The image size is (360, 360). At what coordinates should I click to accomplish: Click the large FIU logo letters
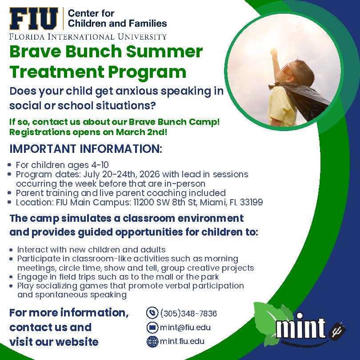coord(33,19)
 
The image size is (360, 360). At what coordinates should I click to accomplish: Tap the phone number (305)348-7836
coord(188,313)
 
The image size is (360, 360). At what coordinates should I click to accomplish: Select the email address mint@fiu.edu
coord(185,328)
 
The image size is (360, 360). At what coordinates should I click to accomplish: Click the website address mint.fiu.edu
coord(182,341)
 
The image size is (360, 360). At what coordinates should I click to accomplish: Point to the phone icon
coord(152,313)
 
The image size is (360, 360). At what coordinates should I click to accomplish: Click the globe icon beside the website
coord(152,341)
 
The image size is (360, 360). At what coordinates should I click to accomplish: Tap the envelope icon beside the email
coord(152,327)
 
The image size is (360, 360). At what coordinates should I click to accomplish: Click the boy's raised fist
coord(274,53)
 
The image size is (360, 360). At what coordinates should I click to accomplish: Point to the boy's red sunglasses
coord(288,68)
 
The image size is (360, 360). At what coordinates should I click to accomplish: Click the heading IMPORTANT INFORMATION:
coord(86,149)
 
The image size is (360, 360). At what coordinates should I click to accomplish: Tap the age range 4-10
coord(100,165)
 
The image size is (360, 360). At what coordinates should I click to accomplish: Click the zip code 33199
coord(251,202)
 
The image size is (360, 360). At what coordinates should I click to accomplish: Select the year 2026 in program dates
coord(149,174)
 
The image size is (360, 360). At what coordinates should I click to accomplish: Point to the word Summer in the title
coord(164,52)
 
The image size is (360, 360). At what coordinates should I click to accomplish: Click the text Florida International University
coord(88,37)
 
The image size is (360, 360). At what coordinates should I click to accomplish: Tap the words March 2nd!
coord(141,132)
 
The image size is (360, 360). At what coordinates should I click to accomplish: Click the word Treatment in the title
coord(57,72)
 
